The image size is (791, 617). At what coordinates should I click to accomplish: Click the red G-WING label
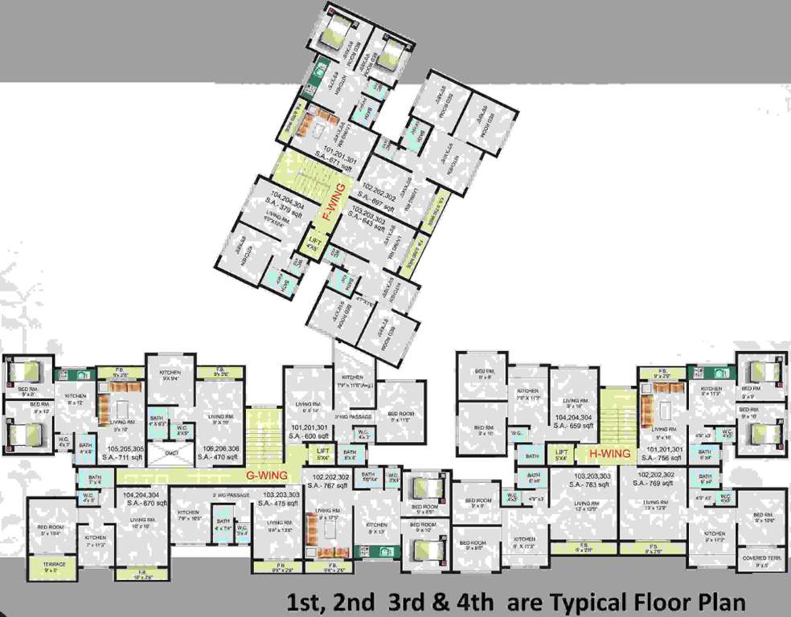pyautogui.click(x=267, y=476)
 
